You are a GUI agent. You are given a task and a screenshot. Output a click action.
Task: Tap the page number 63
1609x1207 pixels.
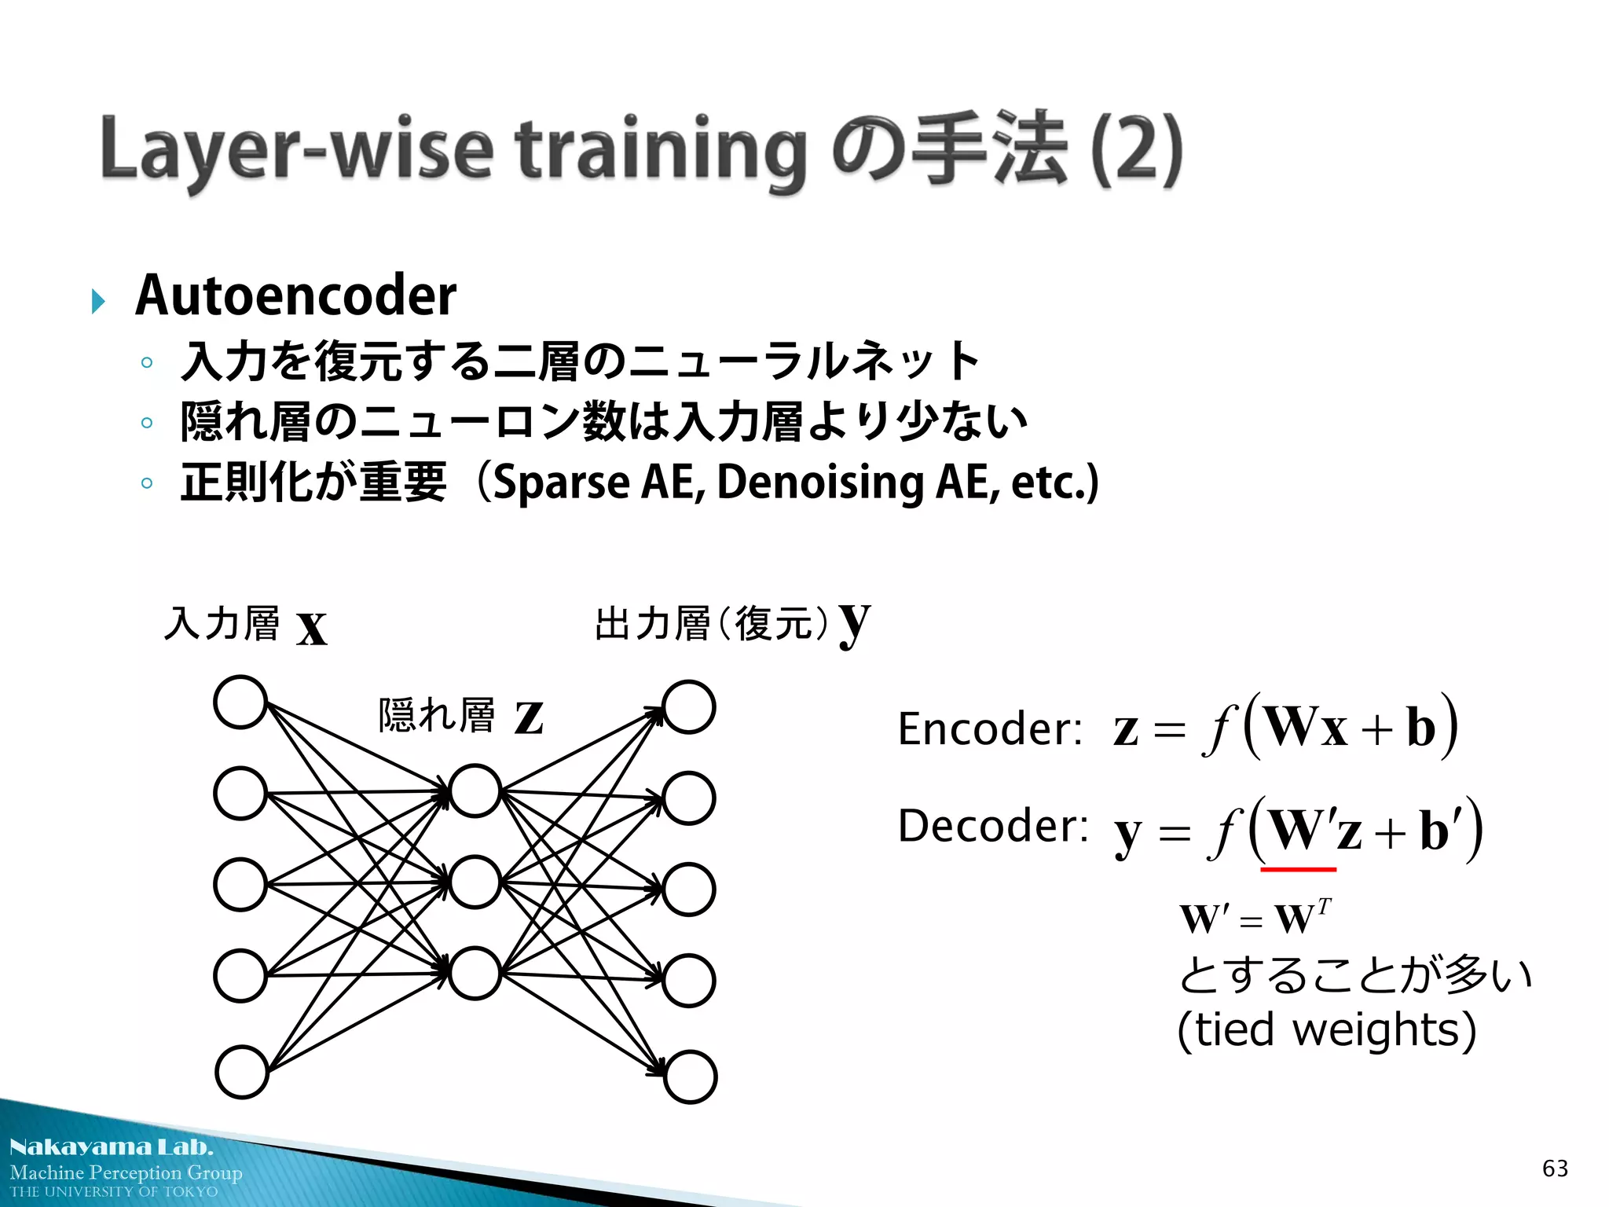1555,1168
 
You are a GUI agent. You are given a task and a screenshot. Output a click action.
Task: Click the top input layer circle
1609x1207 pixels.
240,702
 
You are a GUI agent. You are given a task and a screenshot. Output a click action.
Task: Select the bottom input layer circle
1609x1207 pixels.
242,1072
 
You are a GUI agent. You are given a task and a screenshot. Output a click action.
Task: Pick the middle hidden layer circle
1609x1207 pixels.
474,882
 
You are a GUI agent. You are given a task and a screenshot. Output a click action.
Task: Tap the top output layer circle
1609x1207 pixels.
688,707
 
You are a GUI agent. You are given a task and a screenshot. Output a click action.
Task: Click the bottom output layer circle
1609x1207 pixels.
690,1077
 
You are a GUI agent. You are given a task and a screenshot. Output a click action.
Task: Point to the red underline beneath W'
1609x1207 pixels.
1298,869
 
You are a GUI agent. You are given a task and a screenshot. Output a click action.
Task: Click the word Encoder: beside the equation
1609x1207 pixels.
990,728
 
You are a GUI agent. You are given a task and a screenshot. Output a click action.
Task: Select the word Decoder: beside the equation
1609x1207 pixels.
993,826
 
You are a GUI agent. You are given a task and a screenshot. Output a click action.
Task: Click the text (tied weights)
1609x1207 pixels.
1326,1029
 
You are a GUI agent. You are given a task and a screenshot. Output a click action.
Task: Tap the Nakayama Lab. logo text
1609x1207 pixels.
111,1147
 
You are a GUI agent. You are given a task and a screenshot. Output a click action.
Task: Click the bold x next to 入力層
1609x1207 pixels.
312,628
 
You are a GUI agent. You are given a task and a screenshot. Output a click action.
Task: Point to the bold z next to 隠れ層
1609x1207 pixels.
529,717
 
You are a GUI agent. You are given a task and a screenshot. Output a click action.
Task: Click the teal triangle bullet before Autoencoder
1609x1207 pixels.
98,301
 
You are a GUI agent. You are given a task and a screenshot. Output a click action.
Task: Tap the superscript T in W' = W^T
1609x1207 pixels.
1324,908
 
